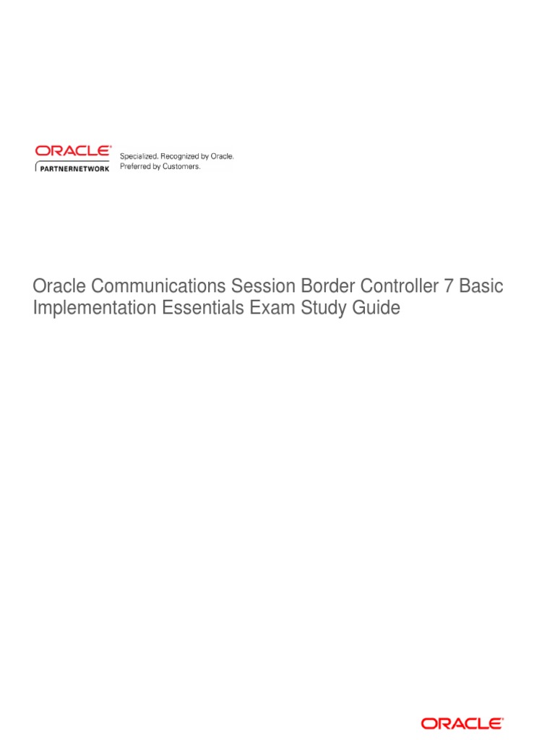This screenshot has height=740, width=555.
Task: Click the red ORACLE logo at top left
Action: tap(73, 151)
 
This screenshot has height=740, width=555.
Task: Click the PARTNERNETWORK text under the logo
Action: tap(74, 168)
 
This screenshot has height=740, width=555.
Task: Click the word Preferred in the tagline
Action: tap(135, 166)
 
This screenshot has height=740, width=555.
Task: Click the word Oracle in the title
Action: tap(56, 287)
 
